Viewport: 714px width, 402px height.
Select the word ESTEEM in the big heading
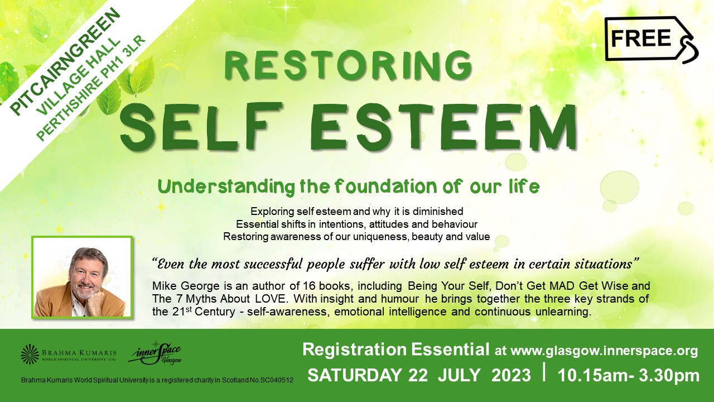pyautogui.click(x=444, y=127)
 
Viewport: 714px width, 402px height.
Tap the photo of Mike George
pyautogui.click(x=82, y=277)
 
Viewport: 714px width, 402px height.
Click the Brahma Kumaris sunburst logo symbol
pyautogui.click(x=30, y=354)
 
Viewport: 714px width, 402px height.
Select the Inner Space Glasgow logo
pyautogui.click(x=155, y=353)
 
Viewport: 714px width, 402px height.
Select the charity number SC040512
pyautogui.click(x=277, y=380)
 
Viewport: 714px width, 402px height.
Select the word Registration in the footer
pyautogui.click(x=354, y=350)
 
